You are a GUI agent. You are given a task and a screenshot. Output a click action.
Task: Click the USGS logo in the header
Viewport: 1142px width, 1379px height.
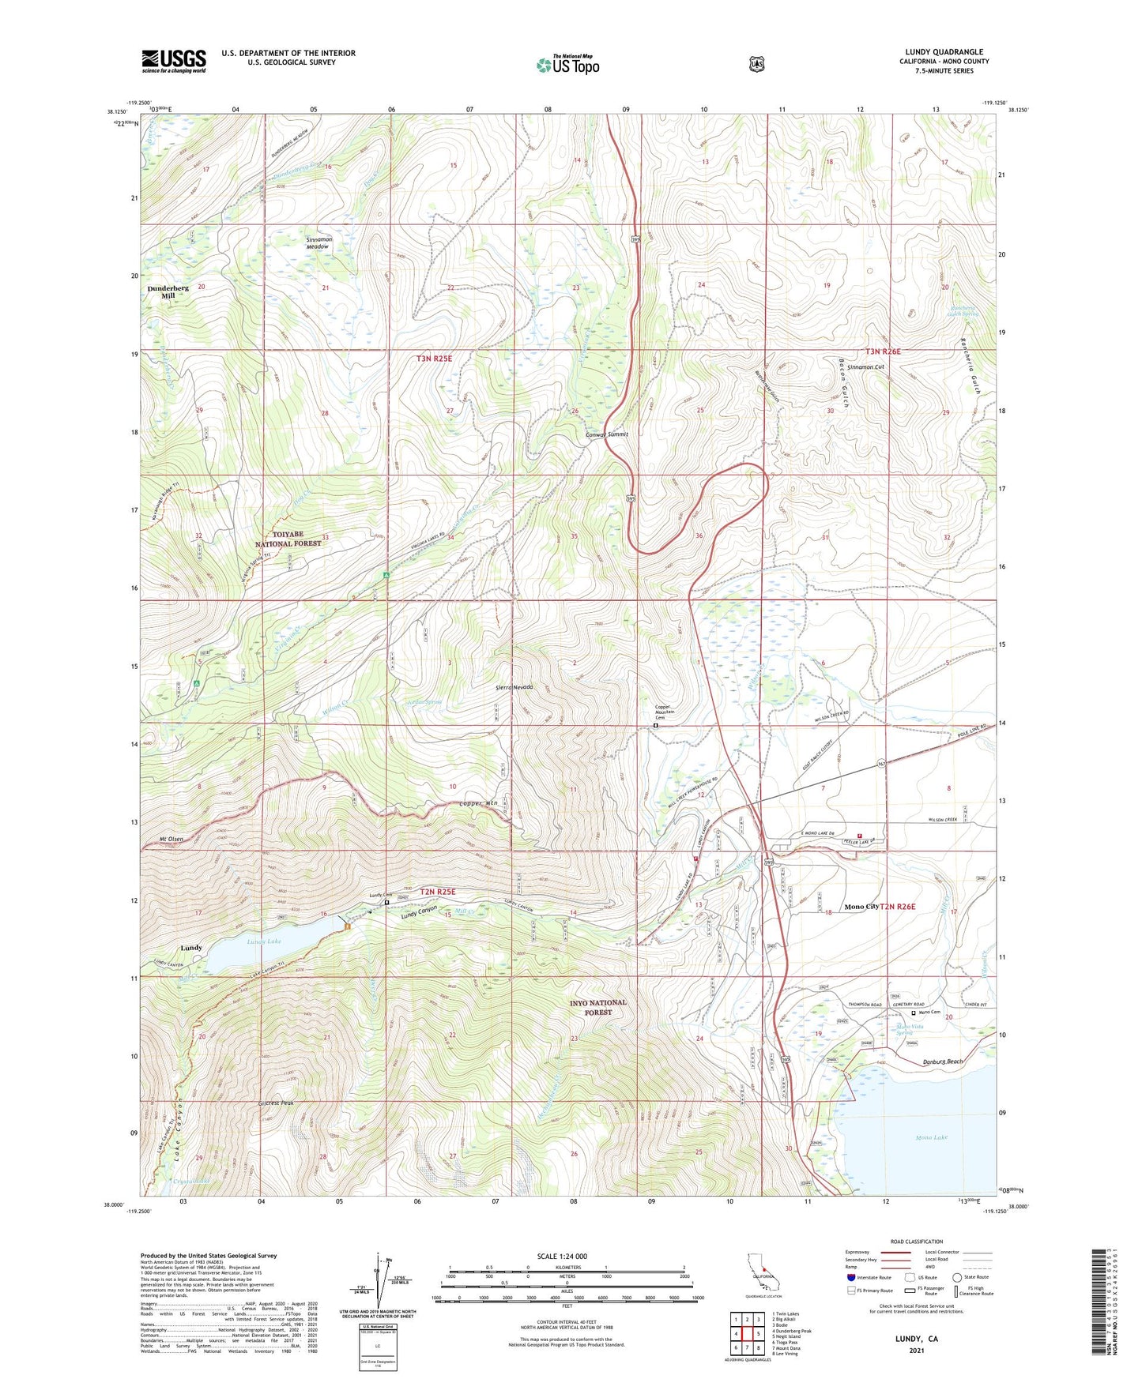[174, 61]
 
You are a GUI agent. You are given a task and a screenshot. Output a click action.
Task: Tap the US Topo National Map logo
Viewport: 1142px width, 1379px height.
[567, 65]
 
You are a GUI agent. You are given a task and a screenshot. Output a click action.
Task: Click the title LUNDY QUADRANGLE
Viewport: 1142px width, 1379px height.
[944, 52]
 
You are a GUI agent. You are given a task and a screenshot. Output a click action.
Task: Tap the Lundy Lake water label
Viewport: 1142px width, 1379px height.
[263, 941]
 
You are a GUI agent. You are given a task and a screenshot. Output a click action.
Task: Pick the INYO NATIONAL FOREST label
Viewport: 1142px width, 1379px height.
[598, 1007]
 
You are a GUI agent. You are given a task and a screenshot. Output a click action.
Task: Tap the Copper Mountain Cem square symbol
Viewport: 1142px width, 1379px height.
[655, 725]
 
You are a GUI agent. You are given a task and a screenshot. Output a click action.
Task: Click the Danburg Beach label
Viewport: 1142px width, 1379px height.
[943, 1061]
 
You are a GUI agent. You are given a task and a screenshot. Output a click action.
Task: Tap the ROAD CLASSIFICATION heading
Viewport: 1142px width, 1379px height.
[916, 1242]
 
